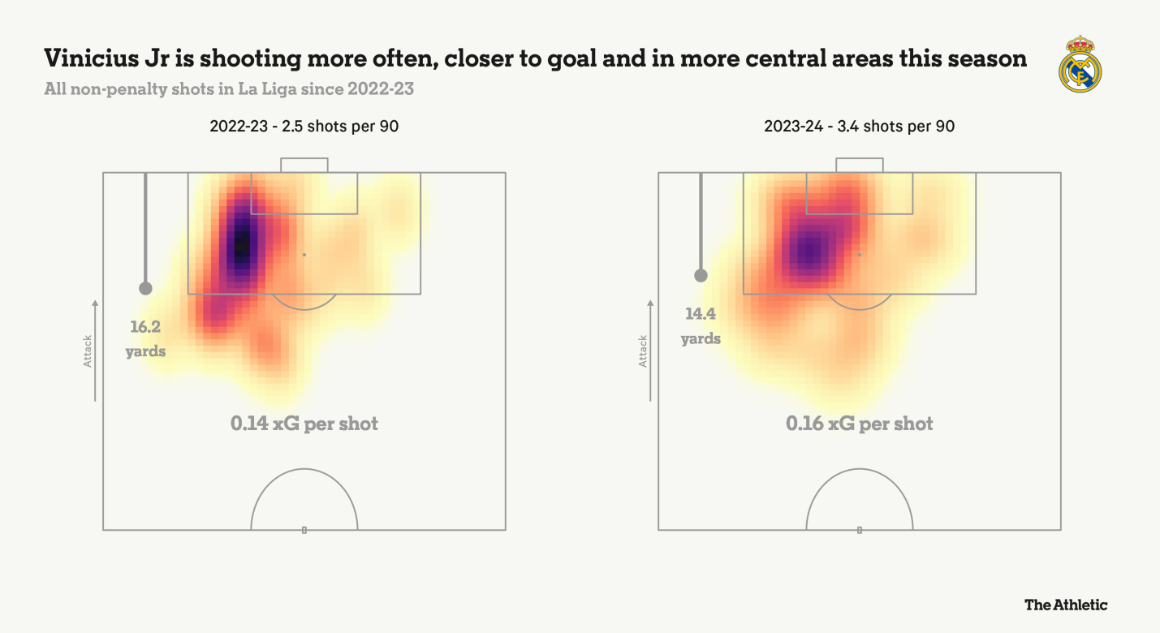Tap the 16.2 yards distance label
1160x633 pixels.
[x=146, y=338]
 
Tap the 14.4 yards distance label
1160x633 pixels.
[x=701, y=325]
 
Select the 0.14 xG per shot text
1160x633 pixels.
[x=304, y=424]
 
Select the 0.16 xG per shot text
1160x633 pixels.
[x=860, y=424]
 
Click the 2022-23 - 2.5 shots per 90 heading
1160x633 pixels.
[x=304, y=127]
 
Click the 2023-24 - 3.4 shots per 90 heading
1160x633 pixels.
[x=859, y=127]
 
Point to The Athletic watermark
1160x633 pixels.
[x=1065, y=605]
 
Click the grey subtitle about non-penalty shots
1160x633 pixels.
[x=229, y=89]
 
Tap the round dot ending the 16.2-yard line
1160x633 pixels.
[x=145, y=288]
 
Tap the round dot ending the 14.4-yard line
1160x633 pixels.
[x=701, y=275]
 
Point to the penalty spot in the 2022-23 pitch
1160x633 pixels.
[x=304, y=255]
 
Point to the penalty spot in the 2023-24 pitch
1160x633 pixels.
[x=860, y=255]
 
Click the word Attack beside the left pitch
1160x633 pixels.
[x=88, y=351]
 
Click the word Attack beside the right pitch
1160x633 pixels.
[x=643, y=351]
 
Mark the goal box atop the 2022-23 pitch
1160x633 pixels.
[x=304, y=165]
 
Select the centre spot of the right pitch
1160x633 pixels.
[x=860, y=530]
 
